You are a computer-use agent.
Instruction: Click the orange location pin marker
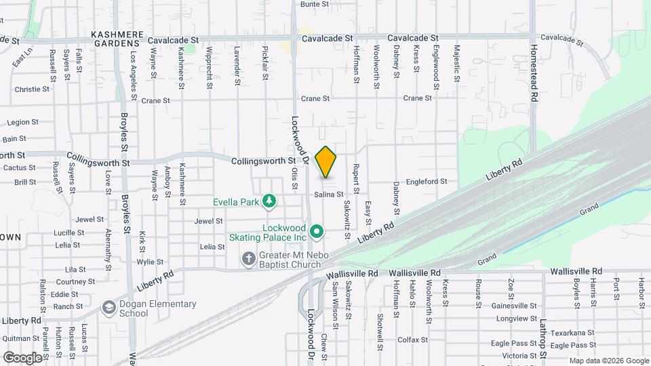(x=326, y=163)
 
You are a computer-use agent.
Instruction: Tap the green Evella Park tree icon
(x=271, y=201)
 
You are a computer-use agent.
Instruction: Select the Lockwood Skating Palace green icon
(x=316, y=232)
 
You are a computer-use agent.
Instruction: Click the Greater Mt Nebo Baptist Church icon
(x=249, y=258)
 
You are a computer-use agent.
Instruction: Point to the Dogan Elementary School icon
(x=108, y=308)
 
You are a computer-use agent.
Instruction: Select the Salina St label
(x=328, y=195)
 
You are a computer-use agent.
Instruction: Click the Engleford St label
(x=427, y=182)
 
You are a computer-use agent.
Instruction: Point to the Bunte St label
(x=314, y=4)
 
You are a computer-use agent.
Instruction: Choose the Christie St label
(x=32, y=89)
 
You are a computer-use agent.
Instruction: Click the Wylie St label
(x=150, y=262)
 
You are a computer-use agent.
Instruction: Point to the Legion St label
(x=22, y=123)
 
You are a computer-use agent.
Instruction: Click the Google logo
(x=22, y=357)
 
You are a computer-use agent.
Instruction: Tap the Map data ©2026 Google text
(x=608, y=361)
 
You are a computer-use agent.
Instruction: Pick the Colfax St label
(x=412, y=340)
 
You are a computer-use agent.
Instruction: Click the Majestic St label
(x=456, y=60)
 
